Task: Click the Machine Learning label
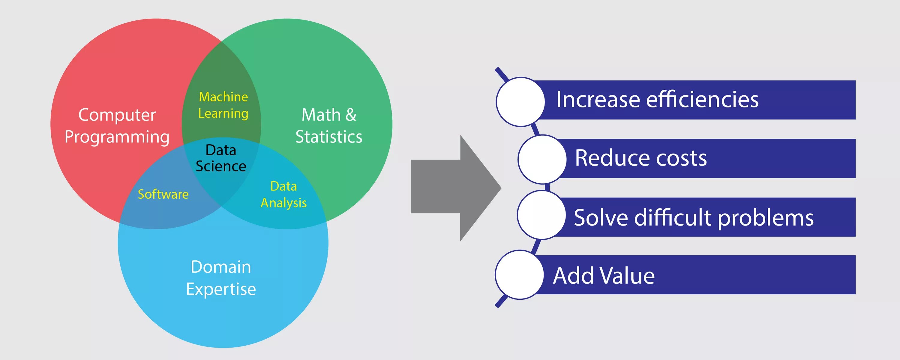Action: tap(223, 105)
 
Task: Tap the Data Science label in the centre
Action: tap(221, 158)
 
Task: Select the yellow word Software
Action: tap(163, 194)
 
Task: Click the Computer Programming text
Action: tap(117, 126)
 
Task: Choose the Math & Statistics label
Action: tap(329, 126)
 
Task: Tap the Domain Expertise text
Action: tap(221, 278)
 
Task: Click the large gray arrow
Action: tap(454, 188)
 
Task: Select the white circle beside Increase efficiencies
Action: tap(520, 102)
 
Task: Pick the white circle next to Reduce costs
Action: tap(542, 159)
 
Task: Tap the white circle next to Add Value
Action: tap(519, 275)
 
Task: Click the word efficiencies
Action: tap(702, 100)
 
